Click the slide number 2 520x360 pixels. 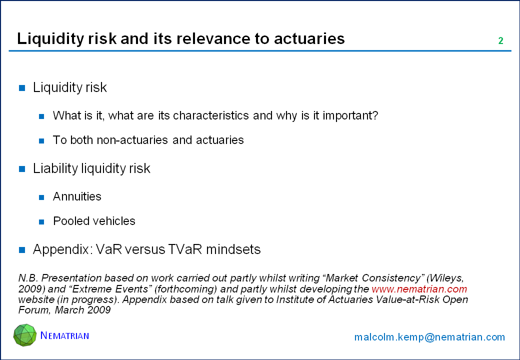tap(501, 41)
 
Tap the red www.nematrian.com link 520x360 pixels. tap(419, 288)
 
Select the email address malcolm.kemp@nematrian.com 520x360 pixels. tap(429, 337)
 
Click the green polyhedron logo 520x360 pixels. tap(25, 335)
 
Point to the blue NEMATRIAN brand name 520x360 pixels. tap(64, 335)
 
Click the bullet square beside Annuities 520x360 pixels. tap(41, 197)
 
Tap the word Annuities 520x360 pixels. tap(77, 196)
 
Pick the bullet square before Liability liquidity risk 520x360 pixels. tap(22, 169)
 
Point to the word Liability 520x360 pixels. tap(55, 168)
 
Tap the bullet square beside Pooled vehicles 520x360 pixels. tap(41, 222)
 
